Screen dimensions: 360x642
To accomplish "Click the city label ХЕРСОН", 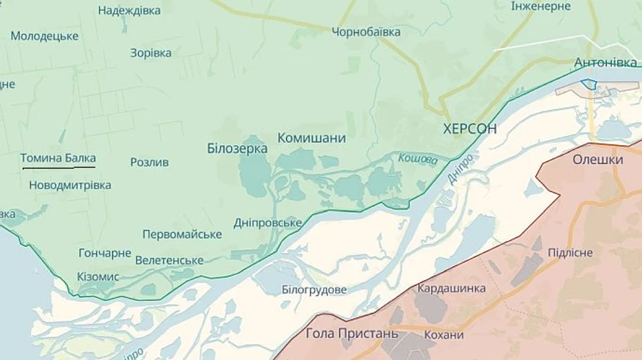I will click(x=469, y=128).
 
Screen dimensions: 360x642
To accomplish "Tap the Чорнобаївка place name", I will click(x=366, y=32).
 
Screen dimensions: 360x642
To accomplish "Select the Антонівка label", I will click(x=606, y=63).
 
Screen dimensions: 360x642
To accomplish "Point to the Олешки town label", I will click(x=598, y=160).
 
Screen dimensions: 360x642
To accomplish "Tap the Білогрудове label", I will click(x=314, y=290).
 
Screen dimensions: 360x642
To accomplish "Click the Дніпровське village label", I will click(x=267, y=223).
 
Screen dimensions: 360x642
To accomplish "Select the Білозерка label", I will click(x=237, y=149).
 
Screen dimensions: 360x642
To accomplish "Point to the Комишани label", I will click(x=312, y=138).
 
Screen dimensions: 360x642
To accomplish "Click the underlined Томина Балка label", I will click(x=58, y=158).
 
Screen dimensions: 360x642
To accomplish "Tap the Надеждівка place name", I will click(x=129, y=11).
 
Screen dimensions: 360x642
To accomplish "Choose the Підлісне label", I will click(x=570, y=253).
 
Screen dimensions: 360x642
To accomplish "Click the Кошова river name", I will click(x=417, y=160).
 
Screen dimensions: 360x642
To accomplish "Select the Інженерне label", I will click(x=541, y=6).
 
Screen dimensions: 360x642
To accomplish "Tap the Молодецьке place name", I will click(x=44, y=36).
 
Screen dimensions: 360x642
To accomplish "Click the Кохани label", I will click(x=443, y=335).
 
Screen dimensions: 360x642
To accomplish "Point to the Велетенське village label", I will click(x=169, y=260).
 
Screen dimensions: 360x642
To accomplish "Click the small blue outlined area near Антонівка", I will click(x=588, y=84).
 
